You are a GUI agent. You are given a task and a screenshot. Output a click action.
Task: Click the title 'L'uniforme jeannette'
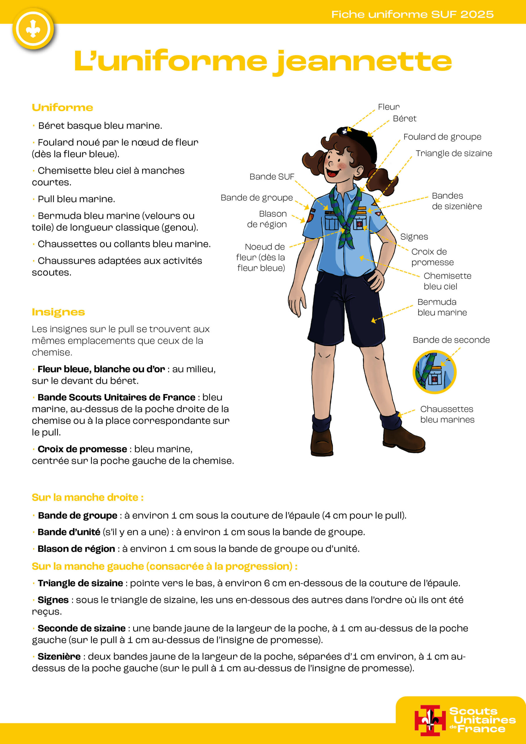263,61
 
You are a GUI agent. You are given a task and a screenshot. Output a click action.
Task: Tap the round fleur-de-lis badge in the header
33,29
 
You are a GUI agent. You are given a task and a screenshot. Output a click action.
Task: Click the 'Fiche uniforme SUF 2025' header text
412,14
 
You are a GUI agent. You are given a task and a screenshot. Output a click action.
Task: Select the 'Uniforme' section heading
62,108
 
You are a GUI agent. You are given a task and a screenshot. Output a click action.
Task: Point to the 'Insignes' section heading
58,312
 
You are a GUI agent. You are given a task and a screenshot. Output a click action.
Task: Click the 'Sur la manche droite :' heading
87,497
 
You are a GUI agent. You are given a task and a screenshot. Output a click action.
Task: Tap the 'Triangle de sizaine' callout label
454,153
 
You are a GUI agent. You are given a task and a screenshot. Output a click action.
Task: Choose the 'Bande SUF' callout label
272,177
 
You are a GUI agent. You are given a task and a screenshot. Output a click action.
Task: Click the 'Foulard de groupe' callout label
442,137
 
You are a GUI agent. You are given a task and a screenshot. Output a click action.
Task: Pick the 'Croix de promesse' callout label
432,257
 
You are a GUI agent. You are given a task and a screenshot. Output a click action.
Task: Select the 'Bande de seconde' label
451,340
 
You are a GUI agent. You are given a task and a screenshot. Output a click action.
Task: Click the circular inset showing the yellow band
434,372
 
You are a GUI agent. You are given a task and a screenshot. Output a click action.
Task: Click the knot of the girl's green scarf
346,231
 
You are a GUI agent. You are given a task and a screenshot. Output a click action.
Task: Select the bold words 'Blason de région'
76,549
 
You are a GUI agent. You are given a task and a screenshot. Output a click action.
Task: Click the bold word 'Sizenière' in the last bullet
59,657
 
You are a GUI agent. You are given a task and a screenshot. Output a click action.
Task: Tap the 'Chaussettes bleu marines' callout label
447,414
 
